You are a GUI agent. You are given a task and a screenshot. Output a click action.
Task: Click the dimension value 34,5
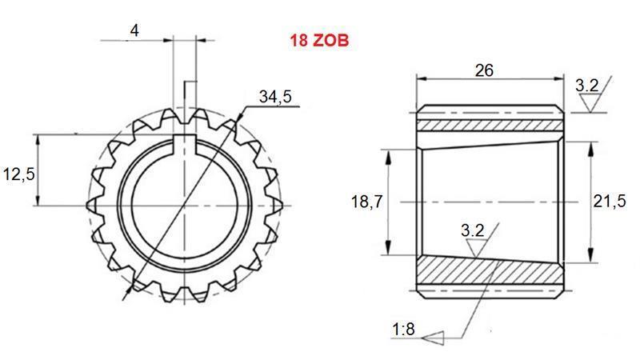pos(275,97)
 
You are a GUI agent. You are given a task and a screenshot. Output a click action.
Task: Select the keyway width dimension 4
pos(134,30)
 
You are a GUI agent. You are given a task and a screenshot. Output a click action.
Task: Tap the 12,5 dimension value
pos(18,173)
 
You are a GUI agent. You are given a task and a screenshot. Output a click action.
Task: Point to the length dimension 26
pos(484,70)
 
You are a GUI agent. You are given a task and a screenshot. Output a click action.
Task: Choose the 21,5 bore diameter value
pos(609,202)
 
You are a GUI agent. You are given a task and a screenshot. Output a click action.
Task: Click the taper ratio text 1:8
pos(404,329)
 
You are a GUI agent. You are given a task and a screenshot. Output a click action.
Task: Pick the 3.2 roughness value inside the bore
pos(473,230)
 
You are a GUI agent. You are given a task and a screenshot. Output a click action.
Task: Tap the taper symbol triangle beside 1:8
pos(433,337)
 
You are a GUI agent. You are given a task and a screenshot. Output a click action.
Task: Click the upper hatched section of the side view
pos(490,126)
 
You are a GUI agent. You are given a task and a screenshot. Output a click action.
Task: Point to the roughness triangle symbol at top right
pos(591,102)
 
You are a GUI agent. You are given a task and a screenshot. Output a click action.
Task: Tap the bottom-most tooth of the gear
pos(186,297)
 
